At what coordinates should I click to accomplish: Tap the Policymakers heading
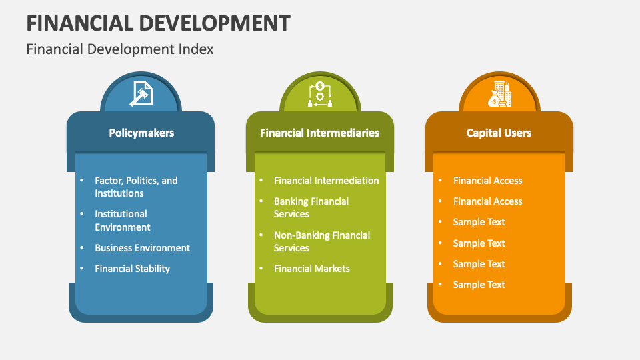click(141, 133)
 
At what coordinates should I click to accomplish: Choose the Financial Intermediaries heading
click(319, 133)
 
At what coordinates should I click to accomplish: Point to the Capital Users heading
click(499, 133)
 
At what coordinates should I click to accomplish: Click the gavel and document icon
click(140, 94)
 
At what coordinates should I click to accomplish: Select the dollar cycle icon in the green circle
click(319, 94)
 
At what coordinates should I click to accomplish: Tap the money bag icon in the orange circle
click(499, 94)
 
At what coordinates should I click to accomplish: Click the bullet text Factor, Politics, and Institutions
click(136, 187)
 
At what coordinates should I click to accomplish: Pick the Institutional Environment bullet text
click(123, 221)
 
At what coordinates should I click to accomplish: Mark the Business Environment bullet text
click(142, 248)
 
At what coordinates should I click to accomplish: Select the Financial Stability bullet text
click(132, 269)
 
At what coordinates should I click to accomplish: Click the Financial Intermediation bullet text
click(326, 181)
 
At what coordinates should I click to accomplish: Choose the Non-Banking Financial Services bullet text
click(322, 241)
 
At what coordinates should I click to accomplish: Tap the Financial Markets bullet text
click(311, 269)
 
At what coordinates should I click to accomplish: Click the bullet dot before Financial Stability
click(81, 268)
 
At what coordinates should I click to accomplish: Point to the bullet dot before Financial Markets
click(261, 268)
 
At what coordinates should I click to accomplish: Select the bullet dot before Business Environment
click(81, 247)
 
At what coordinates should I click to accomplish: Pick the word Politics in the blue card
click(141, 181)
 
